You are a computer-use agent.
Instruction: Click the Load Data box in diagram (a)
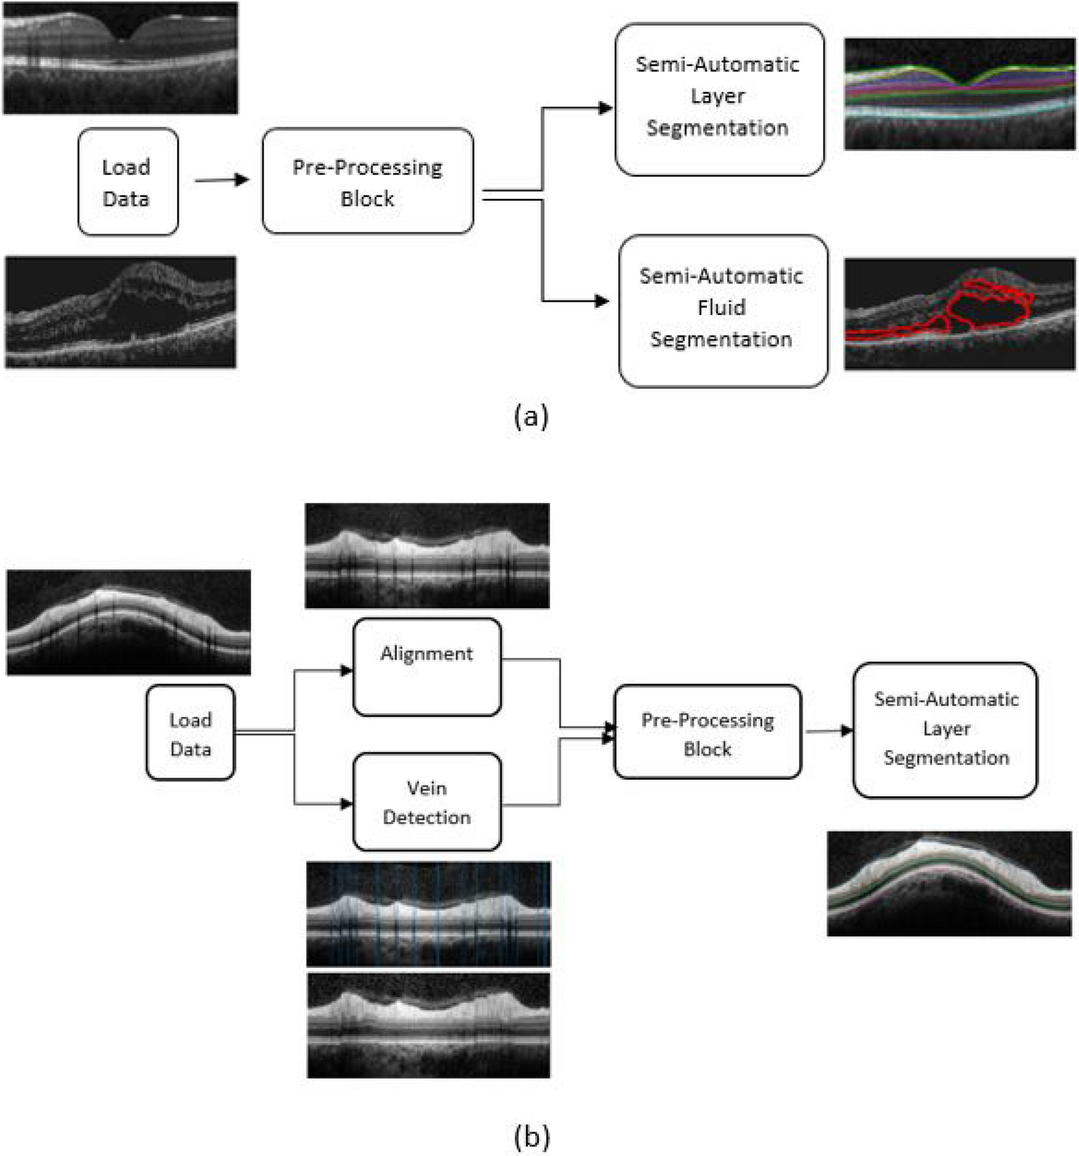pos(127,181)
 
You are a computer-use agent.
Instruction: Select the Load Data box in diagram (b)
pos(190,733)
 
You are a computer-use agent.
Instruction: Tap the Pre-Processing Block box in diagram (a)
pos(367,181)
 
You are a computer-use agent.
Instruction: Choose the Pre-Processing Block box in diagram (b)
pos(707,732)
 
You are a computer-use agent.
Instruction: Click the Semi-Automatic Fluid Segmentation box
pos(722,310)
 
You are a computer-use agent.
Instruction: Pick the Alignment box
pos(426,667)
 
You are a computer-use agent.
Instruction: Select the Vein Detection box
pos(426,802)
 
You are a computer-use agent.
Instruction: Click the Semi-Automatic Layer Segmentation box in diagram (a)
pos(718,98)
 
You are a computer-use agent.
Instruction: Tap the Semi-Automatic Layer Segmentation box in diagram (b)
pos(945,729)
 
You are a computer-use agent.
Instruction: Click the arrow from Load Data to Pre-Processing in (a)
pos(221,181)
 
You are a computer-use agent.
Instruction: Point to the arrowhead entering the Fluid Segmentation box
pos(602,301)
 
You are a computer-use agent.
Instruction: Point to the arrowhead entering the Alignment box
pos(345,670)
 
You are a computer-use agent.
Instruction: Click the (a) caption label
pos(530,416)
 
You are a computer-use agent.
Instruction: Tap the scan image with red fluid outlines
pos(959,314)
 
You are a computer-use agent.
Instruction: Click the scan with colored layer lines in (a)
pos(959,94)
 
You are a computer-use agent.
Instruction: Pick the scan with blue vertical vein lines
pos(428,913)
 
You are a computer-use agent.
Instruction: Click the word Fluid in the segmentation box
pos(721,307)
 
